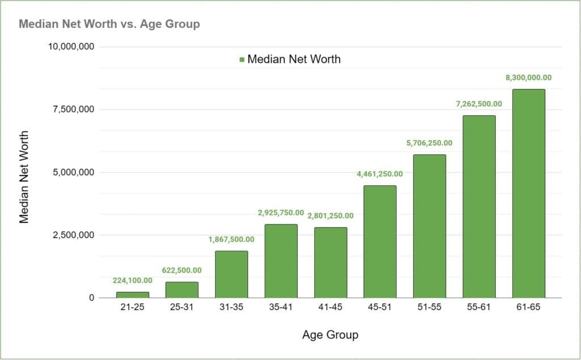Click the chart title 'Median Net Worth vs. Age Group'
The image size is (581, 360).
point(110,24)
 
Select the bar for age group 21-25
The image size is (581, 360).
point(133,295)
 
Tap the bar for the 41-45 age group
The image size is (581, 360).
point(330,262)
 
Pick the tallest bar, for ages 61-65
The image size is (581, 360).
point(528,193)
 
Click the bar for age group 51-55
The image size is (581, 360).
point(430,226)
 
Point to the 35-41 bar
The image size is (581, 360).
point(281,261)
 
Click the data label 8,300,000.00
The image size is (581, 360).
point(528,78)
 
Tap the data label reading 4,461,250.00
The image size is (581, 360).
point(380,174)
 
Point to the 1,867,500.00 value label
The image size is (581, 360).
point(231,239)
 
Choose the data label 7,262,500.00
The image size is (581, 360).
point(479,104)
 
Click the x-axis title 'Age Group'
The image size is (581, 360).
point(330,335)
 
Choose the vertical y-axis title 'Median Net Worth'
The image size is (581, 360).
point(24,177)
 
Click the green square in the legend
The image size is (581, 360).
point(242,60)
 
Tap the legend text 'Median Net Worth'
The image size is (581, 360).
point(294,59)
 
